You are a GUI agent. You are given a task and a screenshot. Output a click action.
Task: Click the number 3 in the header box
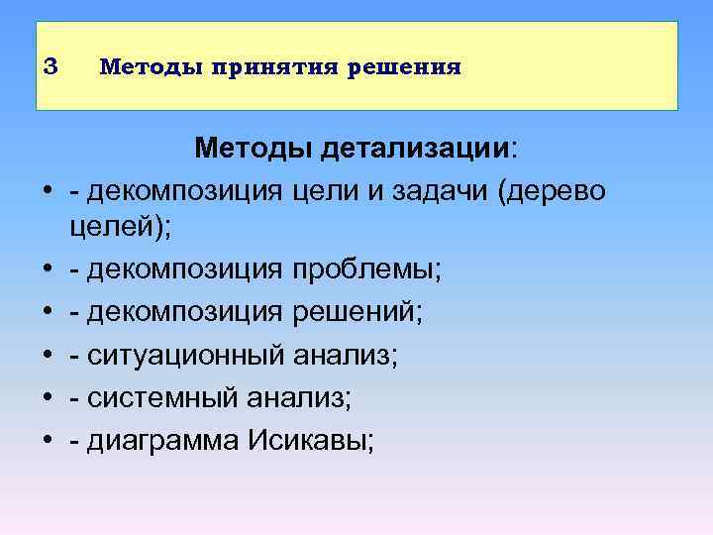[52, 66]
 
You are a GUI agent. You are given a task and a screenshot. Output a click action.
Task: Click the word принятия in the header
[250, 67]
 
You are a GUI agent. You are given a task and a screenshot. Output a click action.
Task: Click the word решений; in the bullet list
[358, 312]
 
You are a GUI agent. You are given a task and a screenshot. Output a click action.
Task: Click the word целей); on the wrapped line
[120, 226]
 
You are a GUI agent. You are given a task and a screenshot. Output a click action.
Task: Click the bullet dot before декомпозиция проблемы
[48, 269]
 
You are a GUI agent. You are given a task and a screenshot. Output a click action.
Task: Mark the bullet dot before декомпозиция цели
[48, 190]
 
